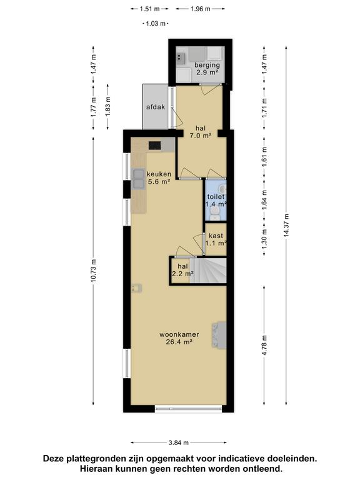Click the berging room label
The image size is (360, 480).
207,65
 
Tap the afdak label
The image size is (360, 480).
156,107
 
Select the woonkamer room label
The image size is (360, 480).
179,334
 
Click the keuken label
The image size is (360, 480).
159,174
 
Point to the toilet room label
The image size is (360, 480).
216,197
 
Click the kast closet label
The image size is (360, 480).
216,236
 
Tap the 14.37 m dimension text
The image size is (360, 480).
286,225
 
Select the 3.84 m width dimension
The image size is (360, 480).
179,442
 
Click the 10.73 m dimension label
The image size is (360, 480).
93,271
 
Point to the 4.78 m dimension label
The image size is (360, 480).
264,345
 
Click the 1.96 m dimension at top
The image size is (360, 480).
200,9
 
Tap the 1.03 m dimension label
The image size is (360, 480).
156,23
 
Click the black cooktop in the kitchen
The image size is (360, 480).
155,145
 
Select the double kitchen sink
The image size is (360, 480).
138,179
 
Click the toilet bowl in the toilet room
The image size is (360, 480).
216,211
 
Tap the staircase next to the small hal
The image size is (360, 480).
208,271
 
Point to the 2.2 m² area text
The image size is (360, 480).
182,274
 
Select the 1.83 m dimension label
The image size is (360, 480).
107,106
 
